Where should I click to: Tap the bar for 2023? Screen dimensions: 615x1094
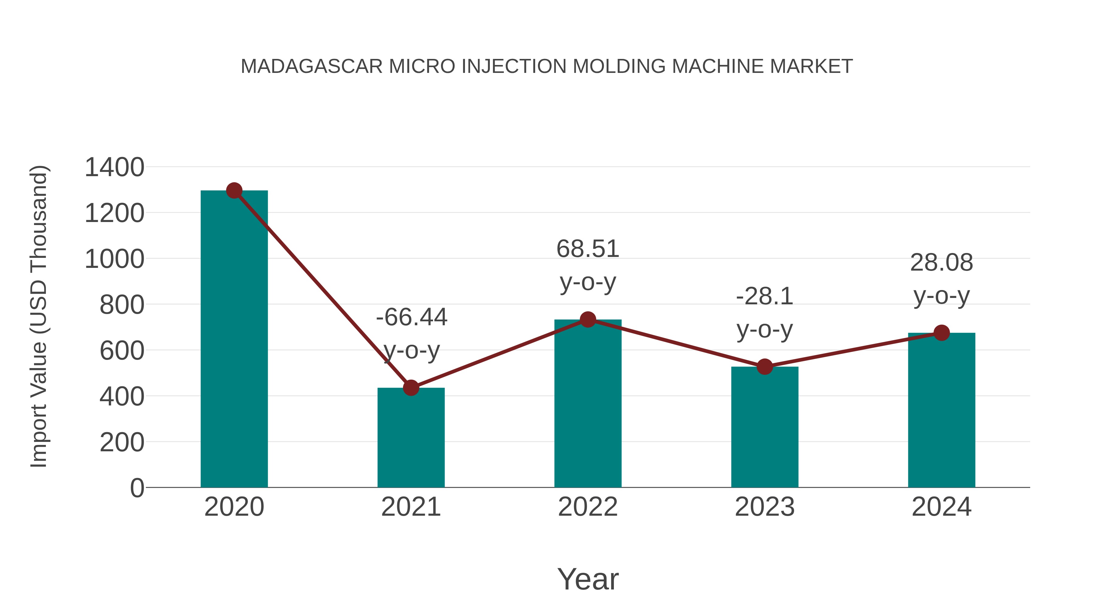click(x=765, y=429)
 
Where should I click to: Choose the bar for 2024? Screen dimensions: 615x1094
click(x=941, y=412)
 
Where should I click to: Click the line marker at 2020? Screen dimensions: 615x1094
click(x=234, y=190)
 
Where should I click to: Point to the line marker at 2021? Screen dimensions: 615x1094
click(x=411, y=388)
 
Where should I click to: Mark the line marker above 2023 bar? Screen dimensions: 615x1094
click(x=765, y=367)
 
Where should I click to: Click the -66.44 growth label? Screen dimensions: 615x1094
click(x=411, y=317)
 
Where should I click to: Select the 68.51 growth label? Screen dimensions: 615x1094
click(x=588, y=249)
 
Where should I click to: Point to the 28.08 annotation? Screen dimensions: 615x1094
click(x=941, y=263)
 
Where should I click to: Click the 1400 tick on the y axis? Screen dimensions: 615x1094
click(x=114, y=167)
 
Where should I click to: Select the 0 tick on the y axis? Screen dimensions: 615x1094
click(x=137, y=488)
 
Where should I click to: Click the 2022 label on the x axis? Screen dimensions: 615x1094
click(x=588, y=507)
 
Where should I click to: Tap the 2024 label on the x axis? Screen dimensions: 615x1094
click(x=941, y=507)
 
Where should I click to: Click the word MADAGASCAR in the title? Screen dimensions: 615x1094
click(x=312, y=67)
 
